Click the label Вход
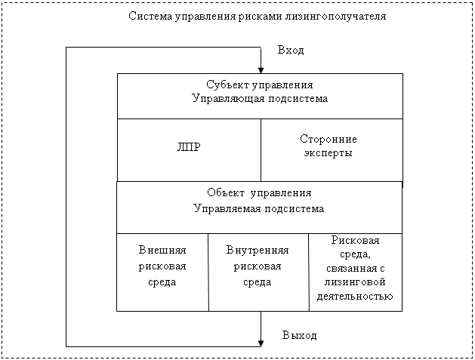[x=291, y=50]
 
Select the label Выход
[x=300, y=335]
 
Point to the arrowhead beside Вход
[x=261, y=70]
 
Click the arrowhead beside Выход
[x=261, y=343]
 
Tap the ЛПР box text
[x=189, y=147]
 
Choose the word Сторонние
[x=328, y=139]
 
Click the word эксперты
[x=328, y=153]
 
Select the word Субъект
[x=224, y=85]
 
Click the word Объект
[x=226, y=192]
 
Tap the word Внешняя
[x=162, y=250]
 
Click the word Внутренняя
[x=258, y=250]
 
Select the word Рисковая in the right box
[x=355, y=240]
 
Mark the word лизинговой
[x=355, y=282]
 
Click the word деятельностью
[x=355, y=296]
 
